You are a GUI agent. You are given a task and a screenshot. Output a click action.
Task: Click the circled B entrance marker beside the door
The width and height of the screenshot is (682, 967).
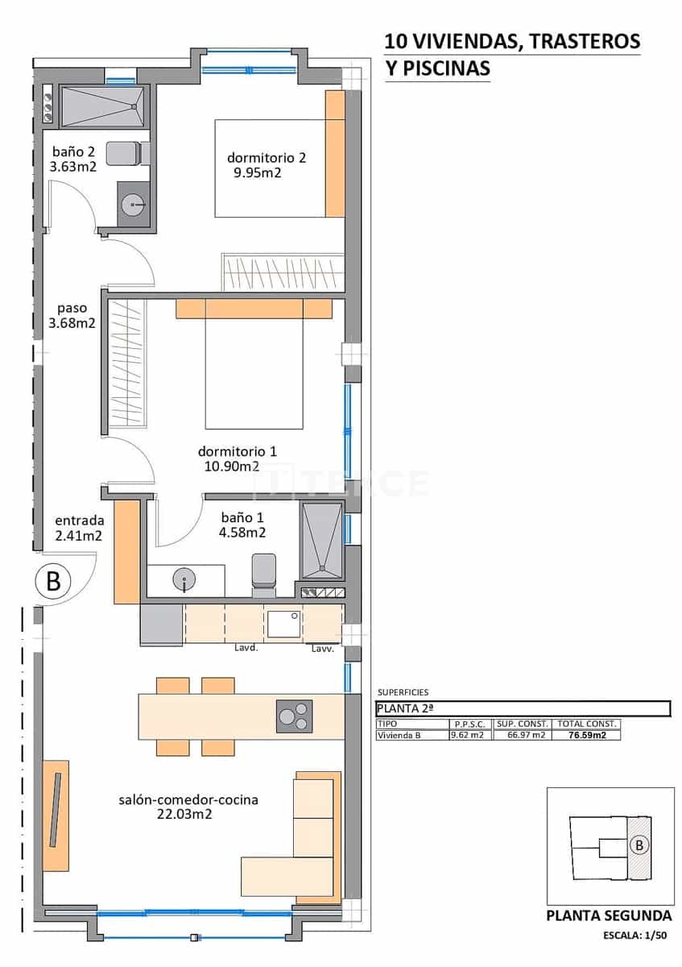tap(53, 581)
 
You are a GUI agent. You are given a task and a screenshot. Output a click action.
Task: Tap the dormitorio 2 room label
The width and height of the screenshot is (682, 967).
tap(266, 157)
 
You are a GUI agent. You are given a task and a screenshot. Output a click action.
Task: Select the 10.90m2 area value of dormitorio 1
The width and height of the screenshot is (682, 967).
tap(229, 466)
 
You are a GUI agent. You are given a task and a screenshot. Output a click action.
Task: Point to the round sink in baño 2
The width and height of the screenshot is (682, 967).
tap(133, 205)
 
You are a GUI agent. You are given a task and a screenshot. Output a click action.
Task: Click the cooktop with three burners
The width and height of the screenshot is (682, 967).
tap(294, 716)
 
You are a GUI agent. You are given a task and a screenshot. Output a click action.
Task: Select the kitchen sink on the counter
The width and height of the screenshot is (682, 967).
tap(283, 624)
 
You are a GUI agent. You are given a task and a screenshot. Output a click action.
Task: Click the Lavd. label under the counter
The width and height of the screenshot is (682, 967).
tap(246, 648)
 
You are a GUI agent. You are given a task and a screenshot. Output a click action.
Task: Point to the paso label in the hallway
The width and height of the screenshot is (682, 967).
tap(72, 308)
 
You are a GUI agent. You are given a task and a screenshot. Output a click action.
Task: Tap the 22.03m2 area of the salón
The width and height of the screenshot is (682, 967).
tap(184, 815)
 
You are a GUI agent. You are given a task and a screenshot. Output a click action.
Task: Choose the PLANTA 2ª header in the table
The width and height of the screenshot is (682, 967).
tap(407, 708)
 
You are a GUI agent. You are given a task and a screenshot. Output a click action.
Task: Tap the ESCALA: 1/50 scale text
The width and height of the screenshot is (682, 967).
tap(637, 936)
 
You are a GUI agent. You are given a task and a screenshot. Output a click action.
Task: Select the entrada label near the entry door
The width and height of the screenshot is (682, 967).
tap(79, 521)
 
